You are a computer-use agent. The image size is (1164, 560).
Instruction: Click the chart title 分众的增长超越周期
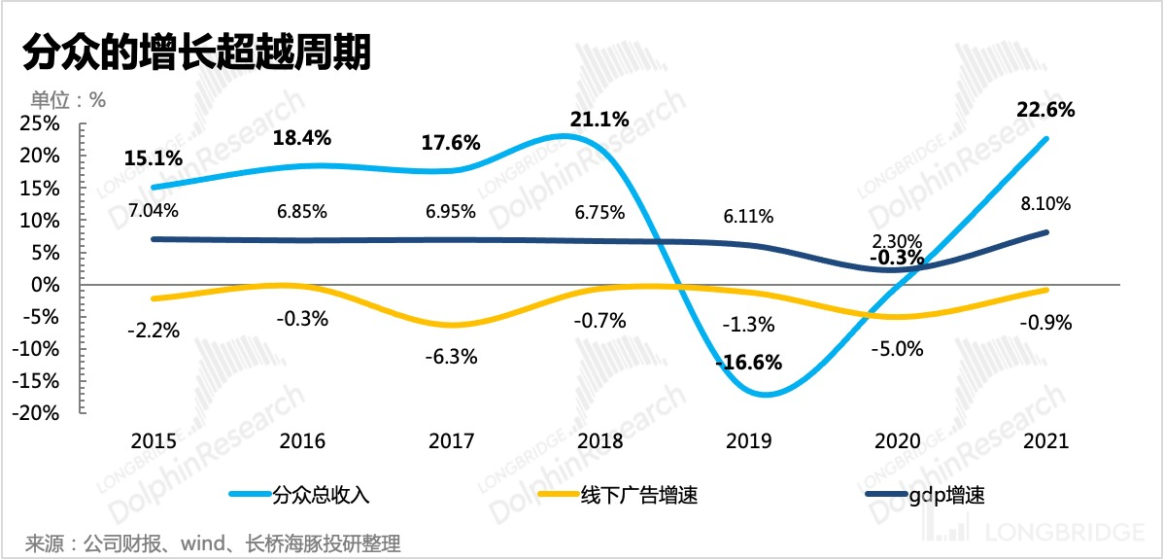tap(194, 52)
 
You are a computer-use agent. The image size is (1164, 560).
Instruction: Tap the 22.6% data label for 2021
tap(1044, 110)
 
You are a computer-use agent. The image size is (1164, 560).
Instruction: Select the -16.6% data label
tap(748, 364)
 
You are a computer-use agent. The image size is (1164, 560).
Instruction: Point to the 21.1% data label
tap(599, 120)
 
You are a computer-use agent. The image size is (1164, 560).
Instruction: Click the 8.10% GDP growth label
tap(1044, 204)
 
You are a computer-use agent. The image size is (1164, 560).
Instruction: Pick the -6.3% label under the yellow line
tap(451, 357)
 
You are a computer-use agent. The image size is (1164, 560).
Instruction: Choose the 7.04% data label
tap(154, 209)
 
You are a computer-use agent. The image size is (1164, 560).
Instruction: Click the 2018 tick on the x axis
tap(599, 441)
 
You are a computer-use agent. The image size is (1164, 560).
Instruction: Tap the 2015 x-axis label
tap(154, 441)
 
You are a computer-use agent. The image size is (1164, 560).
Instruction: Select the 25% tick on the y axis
tap(41, 123)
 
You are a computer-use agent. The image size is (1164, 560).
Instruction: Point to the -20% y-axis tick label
tap(37, 413)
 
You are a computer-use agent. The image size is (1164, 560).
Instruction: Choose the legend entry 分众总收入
tap(322, 495)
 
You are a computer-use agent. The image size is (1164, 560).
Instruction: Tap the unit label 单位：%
tap(67, 99)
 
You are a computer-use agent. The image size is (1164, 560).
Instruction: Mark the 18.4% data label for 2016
tap(302, 138)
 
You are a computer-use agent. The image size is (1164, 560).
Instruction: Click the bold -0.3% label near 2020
tap(897, 258)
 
